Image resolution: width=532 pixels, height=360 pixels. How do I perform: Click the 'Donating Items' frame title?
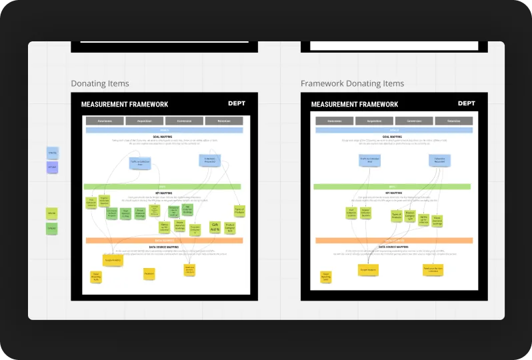100,84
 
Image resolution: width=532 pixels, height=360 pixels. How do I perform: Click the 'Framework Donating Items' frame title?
352,84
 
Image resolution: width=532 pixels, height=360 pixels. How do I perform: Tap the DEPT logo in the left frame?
237,103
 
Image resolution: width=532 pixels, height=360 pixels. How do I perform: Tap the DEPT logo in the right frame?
467,103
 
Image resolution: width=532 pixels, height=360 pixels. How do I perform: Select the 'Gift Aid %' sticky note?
215,227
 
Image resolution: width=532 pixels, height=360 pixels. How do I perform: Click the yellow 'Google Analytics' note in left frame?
113,259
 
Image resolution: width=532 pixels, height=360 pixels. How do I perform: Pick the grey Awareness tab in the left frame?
105,121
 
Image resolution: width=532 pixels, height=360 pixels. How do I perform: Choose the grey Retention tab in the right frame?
454,121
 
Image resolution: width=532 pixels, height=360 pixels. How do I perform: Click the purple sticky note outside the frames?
52,167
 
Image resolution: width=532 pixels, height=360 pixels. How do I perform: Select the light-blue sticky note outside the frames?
52,153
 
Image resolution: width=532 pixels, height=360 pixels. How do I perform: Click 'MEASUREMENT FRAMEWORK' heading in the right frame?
355,105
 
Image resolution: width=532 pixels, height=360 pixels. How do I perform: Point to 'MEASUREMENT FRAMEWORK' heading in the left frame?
125,105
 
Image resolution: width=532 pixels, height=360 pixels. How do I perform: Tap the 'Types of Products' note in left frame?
239,211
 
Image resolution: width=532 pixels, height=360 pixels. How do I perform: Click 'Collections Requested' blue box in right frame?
440,161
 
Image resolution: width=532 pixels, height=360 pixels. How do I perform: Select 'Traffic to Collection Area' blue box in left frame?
141,163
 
